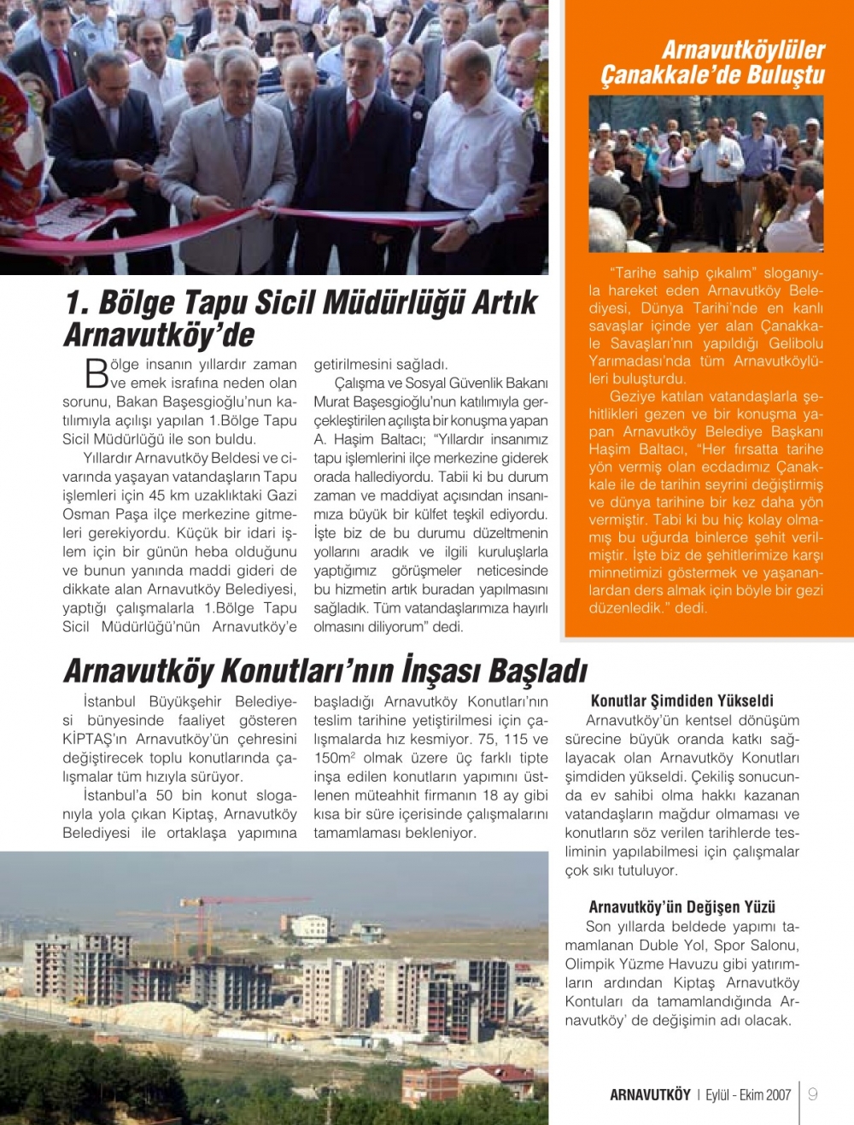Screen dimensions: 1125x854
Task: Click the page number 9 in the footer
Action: click(812, 1094)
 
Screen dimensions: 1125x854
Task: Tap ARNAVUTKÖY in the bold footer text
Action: click(650, 1095)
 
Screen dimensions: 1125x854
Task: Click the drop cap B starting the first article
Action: click(97, 374)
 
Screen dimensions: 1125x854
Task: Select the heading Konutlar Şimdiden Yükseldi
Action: click(681, 701)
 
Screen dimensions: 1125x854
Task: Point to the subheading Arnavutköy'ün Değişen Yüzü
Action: click(681, 907)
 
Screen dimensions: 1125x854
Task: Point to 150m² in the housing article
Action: click(335, 758)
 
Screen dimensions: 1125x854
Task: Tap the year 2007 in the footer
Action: click(778, 1095)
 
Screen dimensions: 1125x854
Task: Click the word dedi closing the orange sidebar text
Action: click(691, 608)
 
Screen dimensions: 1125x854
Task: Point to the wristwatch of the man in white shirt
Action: click(471, 226)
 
